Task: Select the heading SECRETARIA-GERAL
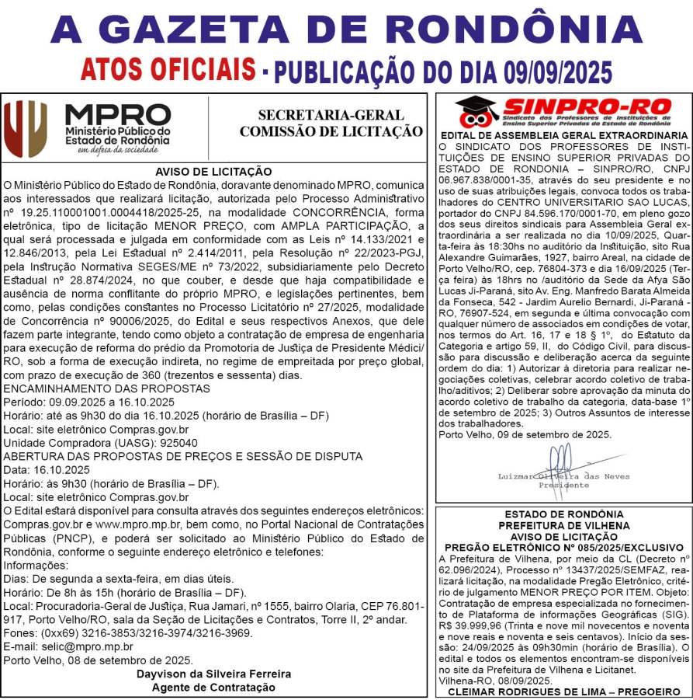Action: pos(331,116)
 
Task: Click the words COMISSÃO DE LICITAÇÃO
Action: pos(331,132)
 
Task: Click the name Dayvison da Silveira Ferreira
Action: pos(214,674)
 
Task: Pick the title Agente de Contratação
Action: pos(213,687)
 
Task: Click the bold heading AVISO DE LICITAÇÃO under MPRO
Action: pos(213,171)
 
